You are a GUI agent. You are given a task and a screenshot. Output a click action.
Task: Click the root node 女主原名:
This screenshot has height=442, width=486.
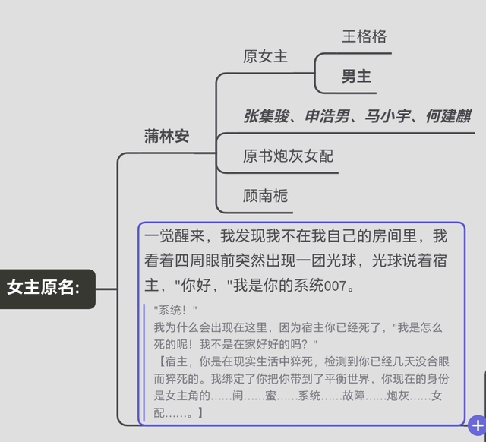pyautogui.click(x=43, y=289)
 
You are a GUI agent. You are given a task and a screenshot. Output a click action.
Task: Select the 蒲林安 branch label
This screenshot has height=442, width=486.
pyautogui.click(x=167, y=136)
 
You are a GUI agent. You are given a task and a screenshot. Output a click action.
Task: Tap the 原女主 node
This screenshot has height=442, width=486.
pyautogui.click(x=265, y=56)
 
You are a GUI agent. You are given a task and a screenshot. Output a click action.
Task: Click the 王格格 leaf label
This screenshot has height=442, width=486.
pyautogui.click(x=364, y=36)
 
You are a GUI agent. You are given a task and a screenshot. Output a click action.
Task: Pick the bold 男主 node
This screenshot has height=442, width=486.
pyautogui.click(x=356, y=76)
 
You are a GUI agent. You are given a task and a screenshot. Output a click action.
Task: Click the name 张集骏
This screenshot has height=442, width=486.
pyautogui.click(x=267, y=116)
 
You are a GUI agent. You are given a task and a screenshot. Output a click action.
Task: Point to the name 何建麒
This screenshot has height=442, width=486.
pyautogui.click(x=449, y=116)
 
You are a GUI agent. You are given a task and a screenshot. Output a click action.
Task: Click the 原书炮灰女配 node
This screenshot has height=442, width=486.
pyautogui.click(x=289, y=156)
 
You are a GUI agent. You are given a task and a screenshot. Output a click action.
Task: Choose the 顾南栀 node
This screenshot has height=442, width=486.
pyautogui.click(x=265, y=196)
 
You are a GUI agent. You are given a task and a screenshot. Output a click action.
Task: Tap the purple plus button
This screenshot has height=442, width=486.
pyautogui.click(x=478, y=425)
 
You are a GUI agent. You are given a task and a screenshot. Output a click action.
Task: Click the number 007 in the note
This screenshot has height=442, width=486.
pyautogui.click(x=335, y=286)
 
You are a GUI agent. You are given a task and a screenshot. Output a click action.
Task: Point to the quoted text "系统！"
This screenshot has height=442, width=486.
pyautogui.click(x=175, y=310)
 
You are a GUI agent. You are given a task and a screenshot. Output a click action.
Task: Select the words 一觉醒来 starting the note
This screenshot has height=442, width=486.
pyautogui.click(x=175, y=236)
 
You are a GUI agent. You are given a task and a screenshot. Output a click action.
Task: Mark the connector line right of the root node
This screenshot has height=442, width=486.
pyautogui.click(x=106, y=289)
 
